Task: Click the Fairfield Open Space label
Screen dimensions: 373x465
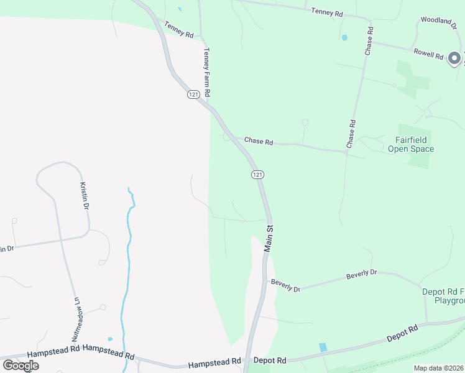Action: [411, 144]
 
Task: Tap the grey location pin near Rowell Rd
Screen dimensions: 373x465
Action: [454, 59]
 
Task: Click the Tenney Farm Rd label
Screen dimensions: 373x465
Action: [207, 73]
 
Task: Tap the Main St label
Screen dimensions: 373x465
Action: [269, 238]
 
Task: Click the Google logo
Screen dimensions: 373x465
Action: [21, 365]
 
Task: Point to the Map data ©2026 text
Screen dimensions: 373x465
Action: [438, 368]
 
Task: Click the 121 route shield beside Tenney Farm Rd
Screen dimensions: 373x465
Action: [193, 94]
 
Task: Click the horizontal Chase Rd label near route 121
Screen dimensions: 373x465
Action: [259, 142]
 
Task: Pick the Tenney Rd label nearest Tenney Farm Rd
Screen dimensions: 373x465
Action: [179, 29]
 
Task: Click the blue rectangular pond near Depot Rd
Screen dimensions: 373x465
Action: [323, 348]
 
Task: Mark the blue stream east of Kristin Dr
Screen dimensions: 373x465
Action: [129, 249]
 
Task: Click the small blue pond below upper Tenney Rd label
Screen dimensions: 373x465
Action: [344, 38]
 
